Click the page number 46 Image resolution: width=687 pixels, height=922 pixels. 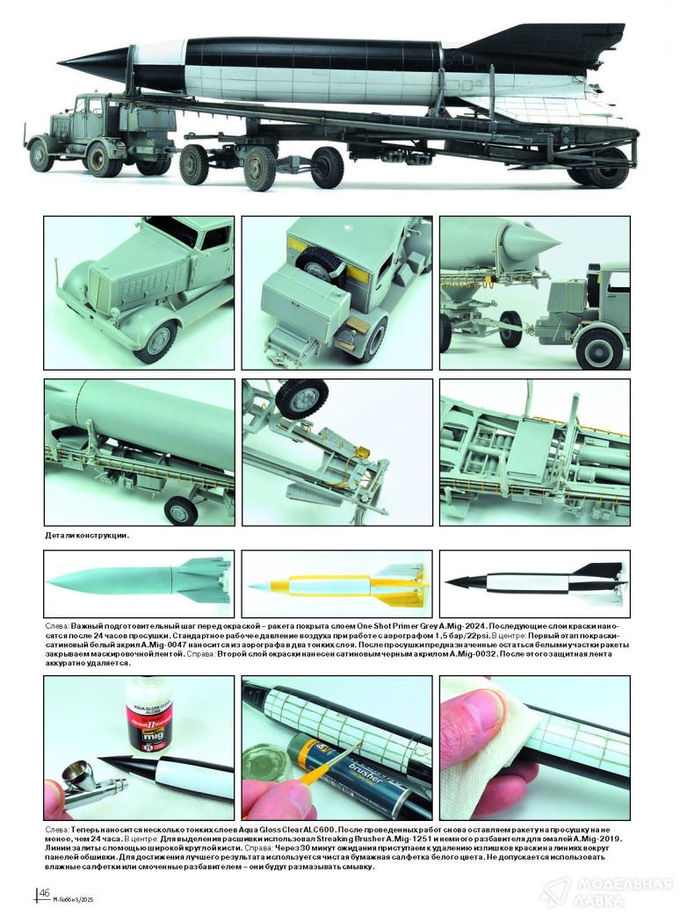point(44,893)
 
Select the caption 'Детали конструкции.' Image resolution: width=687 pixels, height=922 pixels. point(86,536)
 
